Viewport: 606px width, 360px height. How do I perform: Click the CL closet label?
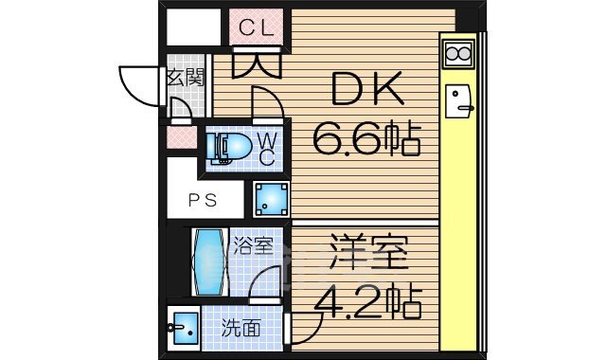pyautogui.click(x=257, y=27)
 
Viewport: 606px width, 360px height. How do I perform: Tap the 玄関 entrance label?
pyautogui.click(x=185, y=78)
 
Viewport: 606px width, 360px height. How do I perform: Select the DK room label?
pyautogui.click(x=369, y=92)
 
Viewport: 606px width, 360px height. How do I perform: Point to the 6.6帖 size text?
pyautogui.click(x=367, y=141)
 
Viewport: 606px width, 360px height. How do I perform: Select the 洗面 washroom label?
pyautogui.click(x=241, y=329)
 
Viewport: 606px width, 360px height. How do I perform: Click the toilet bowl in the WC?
pyautogui.click(x=227, y=147)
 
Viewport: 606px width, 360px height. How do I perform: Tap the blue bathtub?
pyautogui.click(x=208, y=262)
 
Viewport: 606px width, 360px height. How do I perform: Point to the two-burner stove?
pyautogui.click(x=457, y=53)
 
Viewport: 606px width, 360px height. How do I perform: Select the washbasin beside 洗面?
pyautogui.click(x=183, y=330)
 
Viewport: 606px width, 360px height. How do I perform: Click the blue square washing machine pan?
pyautogui.click(x=272, y=199)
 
